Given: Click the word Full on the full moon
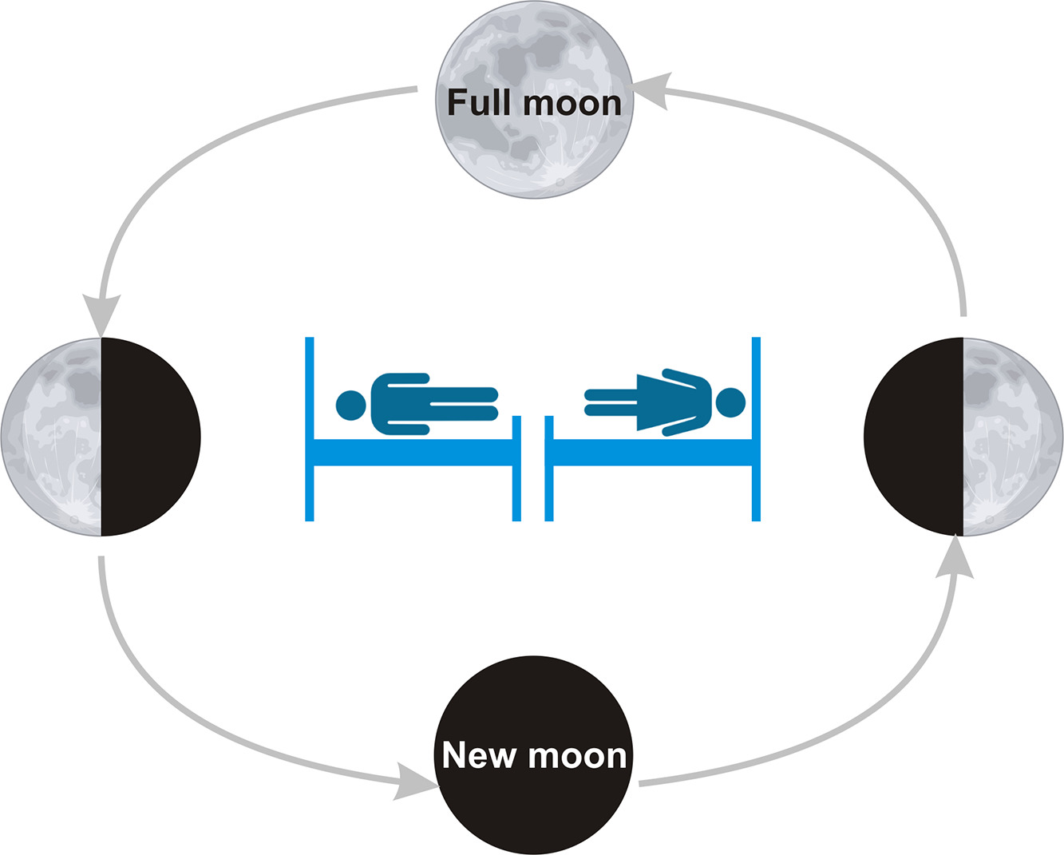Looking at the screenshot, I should [x=477, y=103].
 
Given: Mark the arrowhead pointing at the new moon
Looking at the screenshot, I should [x=415, y=781].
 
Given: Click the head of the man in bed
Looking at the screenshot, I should [x=350, y=405].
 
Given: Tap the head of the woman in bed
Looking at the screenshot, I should [x=730, y=402].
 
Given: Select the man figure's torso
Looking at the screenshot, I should [x=399, y=404].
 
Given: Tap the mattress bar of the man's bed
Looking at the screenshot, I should [x=412, y=452].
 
